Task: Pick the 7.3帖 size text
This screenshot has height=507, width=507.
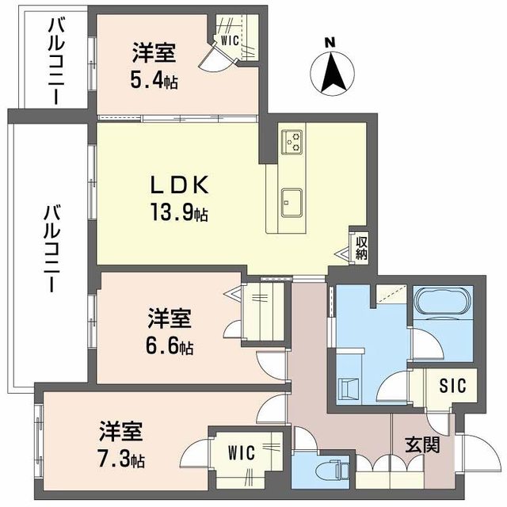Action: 122,459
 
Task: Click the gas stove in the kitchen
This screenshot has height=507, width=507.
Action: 292,140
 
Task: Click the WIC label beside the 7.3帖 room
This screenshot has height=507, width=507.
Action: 242,453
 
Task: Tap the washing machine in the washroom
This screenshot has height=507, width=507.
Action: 347,387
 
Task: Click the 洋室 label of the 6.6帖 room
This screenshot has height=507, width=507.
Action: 169,319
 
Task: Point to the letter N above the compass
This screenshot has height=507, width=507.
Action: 333,42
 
